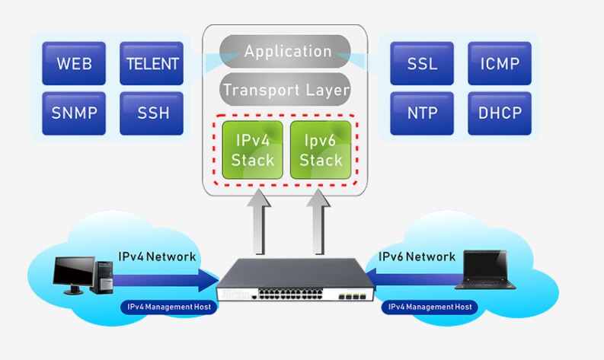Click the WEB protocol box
coord(74,63)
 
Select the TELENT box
coord(151,63)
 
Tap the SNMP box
coord(74,113)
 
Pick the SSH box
coord(151,113)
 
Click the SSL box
coord(421,63)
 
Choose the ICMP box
coord(499,63)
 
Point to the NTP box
coord(421,113)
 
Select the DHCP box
coord(499,113)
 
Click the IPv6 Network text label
coord(417,256)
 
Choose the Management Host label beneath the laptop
coord(429,307)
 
